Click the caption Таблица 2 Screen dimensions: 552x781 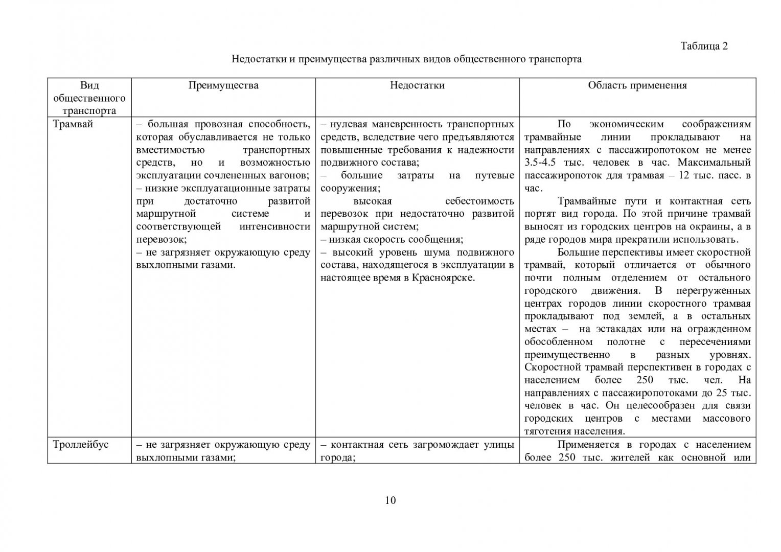click(x=704, y=46)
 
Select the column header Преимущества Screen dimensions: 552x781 click(x=223, y=85)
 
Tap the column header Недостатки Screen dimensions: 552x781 click(x=417, y=85)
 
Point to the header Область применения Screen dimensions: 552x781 click(x=637, y=85)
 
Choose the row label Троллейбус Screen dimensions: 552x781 click(x=81, y=445)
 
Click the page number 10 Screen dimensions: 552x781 click(x=390, y=500)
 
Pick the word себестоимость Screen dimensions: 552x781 click(x=479, y=201)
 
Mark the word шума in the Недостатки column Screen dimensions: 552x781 click(x=442, y=252)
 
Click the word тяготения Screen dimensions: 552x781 click(x=546, y=431)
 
